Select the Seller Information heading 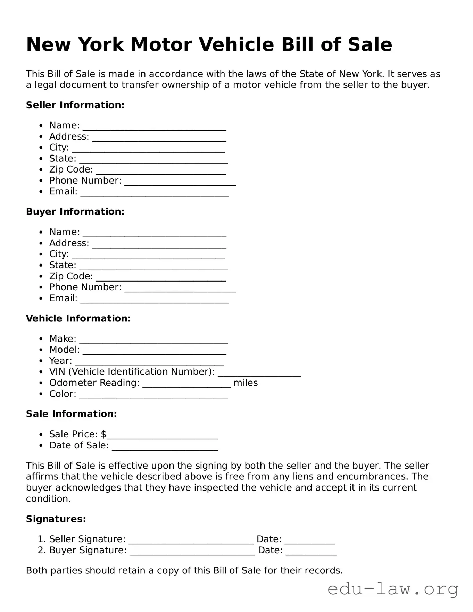75,105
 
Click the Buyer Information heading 75,212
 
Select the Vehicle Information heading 78,319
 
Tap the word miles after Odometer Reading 246,383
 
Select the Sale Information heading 71,414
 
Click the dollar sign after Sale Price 103,434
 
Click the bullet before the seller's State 41,159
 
